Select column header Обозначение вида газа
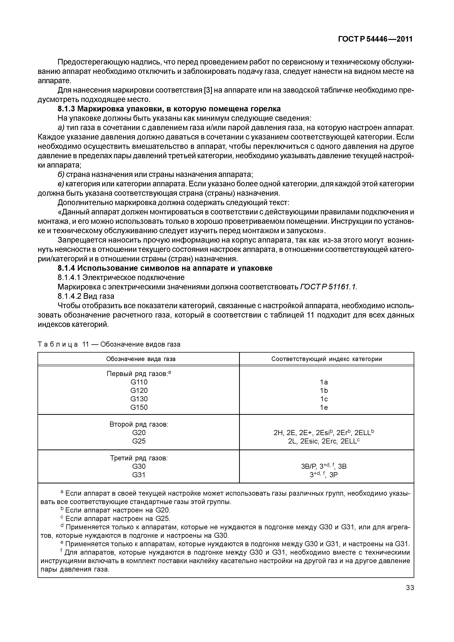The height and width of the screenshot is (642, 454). coord(141,359)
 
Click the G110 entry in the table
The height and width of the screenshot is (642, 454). coord(139,382)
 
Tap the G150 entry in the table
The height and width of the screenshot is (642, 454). coord(139,407)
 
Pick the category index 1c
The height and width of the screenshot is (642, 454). coord(324,399)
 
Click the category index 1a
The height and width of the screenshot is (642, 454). coord(324,382)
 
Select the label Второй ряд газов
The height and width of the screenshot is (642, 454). coord(139,424)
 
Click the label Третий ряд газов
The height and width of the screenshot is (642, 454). coord(139,458)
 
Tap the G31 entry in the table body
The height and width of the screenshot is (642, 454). coord(139,475)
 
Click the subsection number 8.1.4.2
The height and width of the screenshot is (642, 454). coord(69,296)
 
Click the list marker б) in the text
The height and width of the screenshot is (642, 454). coord(61,175)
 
